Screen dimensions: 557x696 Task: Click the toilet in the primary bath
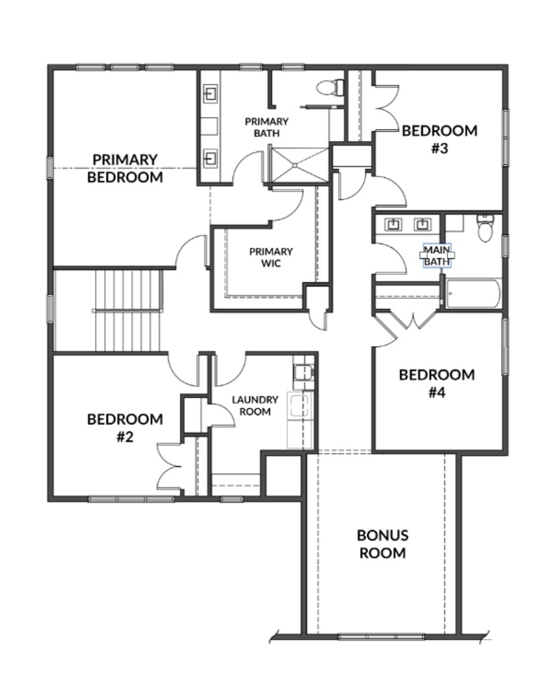[330, 87]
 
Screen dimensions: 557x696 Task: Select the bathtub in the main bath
[473, 294]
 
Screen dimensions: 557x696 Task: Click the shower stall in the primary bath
[300, 165]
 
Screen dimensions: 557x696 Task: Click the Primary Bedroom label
[125, 168]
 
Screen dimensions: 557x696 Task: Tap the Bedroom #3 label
[440, 140]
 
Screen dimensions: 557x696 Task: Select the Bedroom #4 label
[437, 384]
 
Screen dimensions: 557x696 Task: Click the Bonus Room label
[382, 544]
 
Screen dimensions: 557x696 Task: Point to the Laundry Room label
[255, 406]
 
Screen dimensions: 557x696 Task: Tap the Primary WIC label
[271, 257]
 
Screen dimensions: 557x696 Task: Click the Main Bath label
[437, 256]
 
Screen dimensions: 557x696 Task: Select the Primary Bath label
[267, 127]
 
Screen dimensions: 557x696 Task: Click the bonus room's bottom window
[381, 637]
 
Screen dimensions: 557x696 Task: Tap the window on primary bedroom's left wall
[50, 168]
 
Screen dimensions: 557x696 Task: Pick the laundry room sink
[304, 373]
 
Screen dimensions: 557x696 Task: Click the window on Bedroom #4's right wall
[505, 347]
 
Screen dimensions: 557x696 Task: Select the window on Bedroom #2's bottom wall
[131, 499]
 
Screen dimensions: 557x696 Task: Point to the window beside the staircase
[50, 309]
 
